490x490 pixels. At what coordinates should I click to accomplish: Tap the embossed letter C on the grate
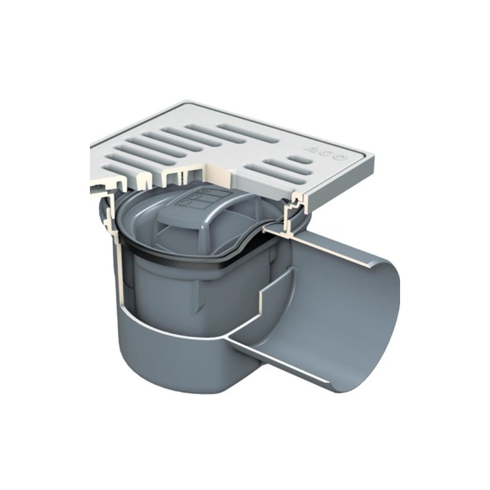(x=325, y=153)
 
